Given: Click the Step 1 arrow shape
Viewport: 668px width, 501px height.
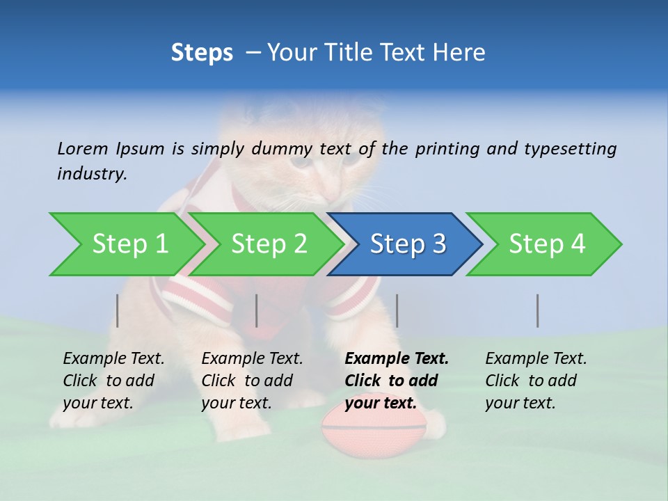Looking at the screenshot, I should click(x=129, y=244).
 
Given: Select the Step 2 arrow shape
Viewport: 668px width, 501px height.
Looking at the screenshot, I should click(x=269, y=244).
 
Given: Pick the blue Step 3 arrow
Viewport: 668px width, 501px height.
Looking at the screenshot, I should click(x=408, y=244).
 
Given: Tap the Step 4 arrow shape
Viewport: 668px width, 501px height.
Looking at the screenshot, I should click(x=547, y=244).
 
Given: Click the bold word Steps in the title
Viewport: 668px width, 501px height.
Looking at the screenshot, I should click(x=202, y=52).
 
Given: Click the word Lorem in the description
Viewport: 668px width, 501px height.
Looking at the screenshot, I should click(x=83, y=148).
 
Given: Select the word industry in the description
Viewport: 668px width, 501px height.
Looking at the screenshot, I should click(x=92, y=173).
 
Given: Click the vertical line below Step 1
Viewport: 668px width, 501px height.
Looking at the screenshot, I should click(x=118, y=310).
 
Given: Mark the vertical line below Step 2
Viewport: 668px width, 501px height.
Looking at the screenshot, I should click(x=257, y=310).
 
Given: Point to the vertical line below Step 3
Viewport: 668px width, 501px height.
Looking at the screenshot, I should click(x=397, y=310).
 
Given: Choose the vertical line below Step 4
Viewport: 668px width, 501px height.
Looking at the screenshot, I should click(x=538, y=310).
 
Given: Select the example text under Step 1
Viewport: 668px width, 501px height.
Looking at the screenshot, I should click(x=113, y=381).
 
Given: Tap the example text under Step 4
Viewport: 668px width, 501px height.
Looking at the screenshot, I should click(x=536, y=381).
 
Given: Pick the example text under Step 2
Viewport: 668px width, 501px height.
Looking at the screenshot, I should click(x=252, y=381).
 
